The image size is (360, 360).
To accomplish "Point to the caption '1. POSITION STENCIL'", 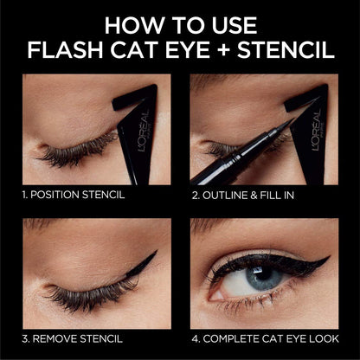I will pos(74,194).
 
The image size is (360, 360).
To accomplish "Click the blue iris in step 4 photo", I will pos(261,279).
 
